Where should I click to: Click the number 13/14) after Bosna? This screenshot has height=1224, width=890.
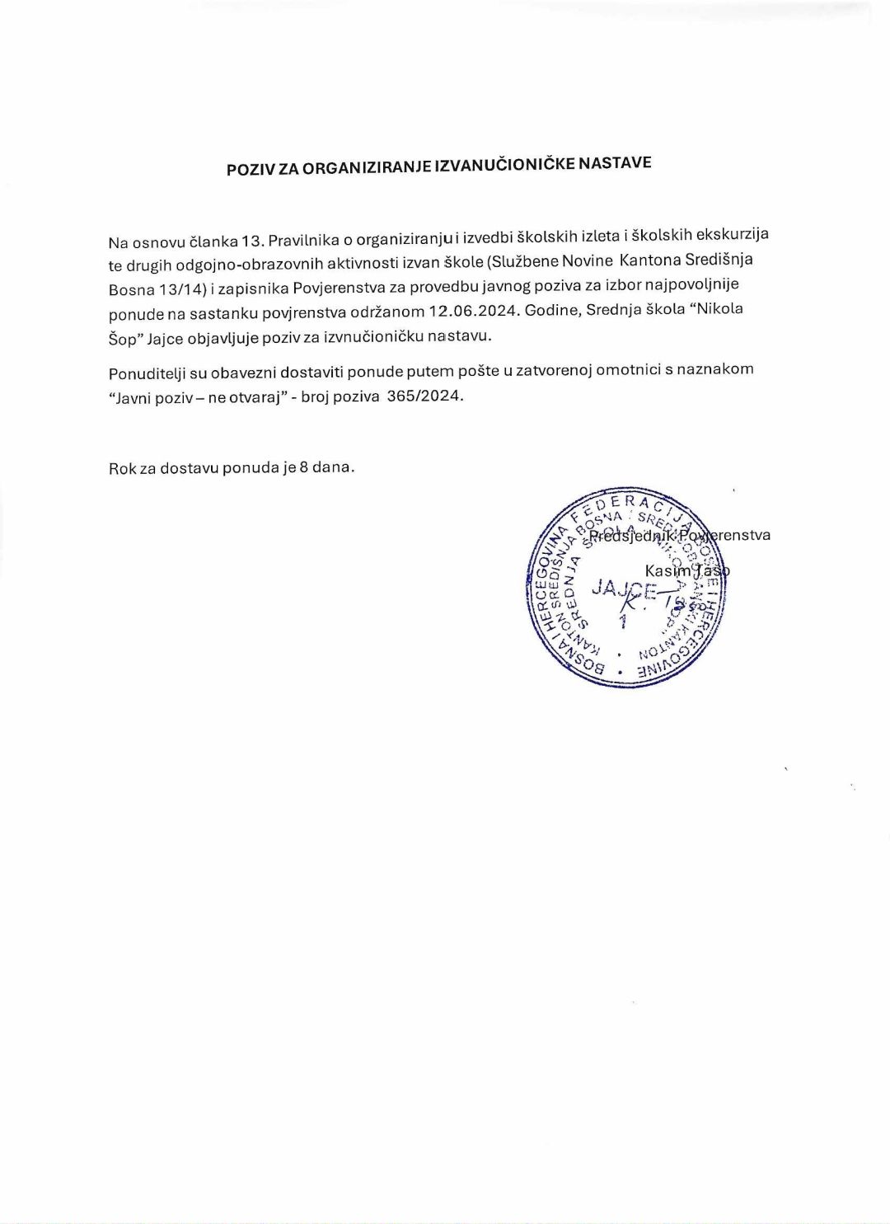click(182, 289)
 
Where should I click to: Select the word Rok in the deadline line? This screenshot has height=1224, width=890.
click(122, 469)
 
